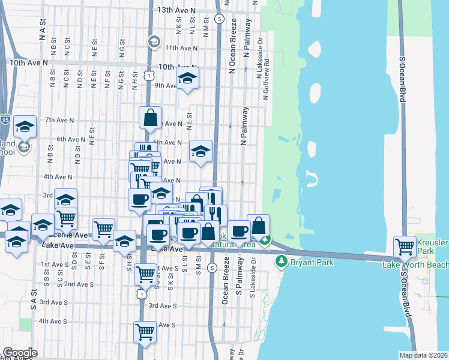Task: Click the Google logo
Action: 20,353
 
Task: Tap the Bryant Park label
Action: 308,262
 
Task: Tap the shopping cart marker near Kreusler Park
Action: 405,246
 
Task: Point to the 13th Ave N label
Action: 176,11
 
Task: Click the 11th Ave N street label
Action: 181,48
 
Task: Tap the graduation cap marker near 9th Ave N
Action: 187,79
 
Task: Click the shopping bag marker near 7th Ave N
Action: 151,118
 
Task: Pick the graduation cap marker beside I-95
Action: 25,127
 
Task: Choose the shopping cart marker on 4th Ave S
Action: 145,332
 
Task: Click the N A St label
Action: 43,29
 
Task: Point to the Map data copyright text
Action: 423,355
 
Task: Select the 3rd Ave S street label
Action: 162,305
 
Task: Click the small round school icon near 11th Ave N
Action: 154,42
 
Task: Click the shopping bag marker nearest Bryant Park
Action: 258,226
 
